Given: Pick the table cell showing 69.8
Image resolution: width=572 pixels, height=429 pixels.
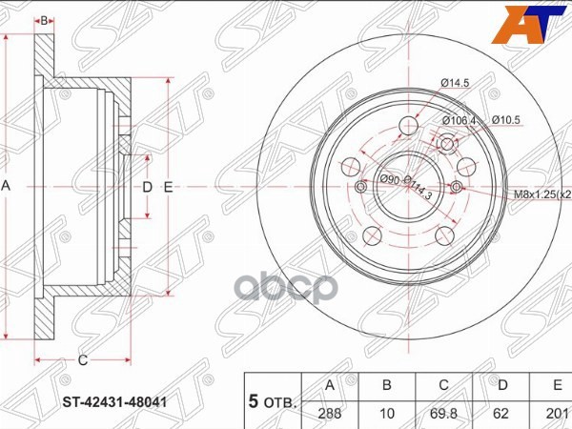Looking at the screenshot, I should [442, 416].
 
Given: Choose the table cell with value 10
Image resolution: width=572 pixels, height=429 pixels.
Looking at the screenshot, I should [387, 416].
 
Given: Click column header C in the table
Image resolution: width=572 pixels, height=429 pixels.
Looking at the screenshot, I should [442, 385].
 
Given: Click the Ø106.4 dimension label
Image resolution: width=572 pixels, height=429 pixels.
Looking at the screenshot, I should [459, 120].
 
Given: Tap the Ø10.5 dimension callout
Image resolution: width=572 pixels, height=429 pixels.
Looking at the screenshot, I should [506, 120].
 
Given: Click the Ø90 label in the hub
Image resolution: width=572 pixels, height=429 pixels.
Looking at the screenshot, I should [390, 178].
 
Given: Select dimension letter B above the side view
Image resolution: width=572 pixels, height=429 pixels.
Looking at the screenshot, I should [44, 20].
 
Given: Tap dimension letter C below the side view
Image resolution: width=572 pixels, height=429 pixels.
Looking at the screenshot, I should [83, 359].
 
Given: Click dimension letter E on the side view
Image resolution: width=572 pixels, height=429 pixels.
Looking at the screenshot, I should [167, 187].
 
